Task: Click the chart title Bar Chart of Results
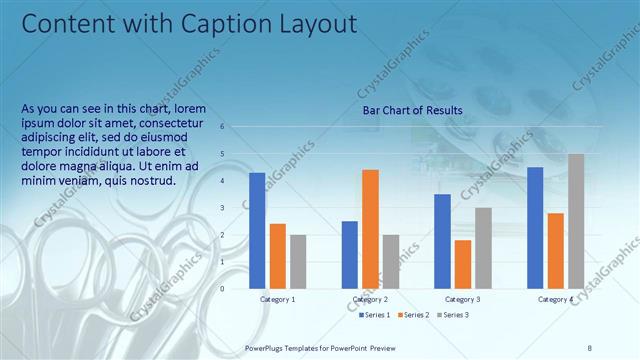click(412, 110)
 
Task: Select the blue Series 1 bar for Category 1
click(257, 230)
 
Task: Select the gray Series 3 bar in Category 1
click(298, 261)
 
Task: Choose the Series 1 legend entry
click(375, 315)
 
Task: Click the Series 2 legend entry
click(416, 315)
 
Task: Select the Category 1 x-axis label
click(277, 299)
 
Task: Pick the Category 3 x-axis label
click(462, 299)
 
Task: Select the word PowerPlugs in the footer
click(267, 347)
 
